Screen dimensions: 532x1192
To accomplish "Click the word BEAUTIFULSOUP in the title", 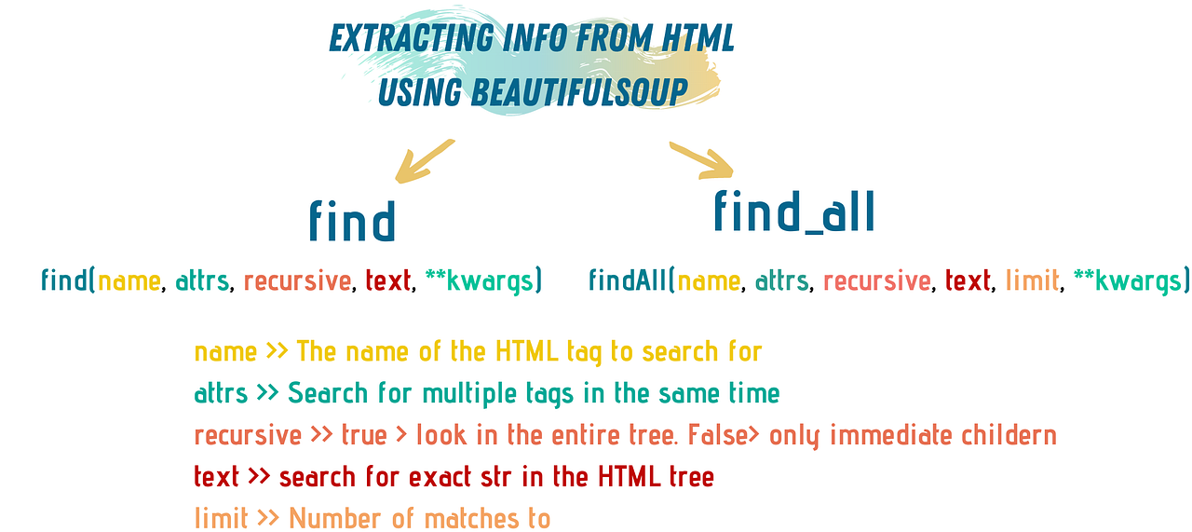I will pyautogui.click(x=580, y=91).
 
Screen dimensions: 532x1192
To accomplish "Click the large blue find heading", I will pyautogui.click(x=352, y=221).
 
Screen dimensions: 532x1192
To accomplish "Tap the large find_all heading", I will pyautogui.click(x=793, y=211).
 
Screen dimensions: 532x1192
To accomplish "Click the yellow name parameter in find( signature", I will pyautogui.click(x=129, y=280).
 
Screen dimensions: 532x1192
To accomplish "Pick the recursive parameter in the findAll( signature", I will pyautogui.click(x=876, y=280).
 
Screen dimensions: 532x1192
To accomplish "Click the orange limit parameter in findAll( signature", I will pyautogui.click(x=1032, y=280).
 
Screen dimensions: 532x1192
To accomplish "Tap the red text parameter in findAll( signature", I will pyautogui.click(x=968, y=280).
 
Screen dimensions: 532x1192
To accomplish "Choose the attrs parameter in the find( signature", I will pyautogui.click(x=203, y=280).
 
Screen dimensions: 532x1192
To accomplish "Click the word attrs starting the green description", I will pyautogui.click(x=221, y=394).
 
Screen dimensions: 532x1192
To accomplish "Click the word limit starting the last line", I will pyautogui.click(x=221, y=518).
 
